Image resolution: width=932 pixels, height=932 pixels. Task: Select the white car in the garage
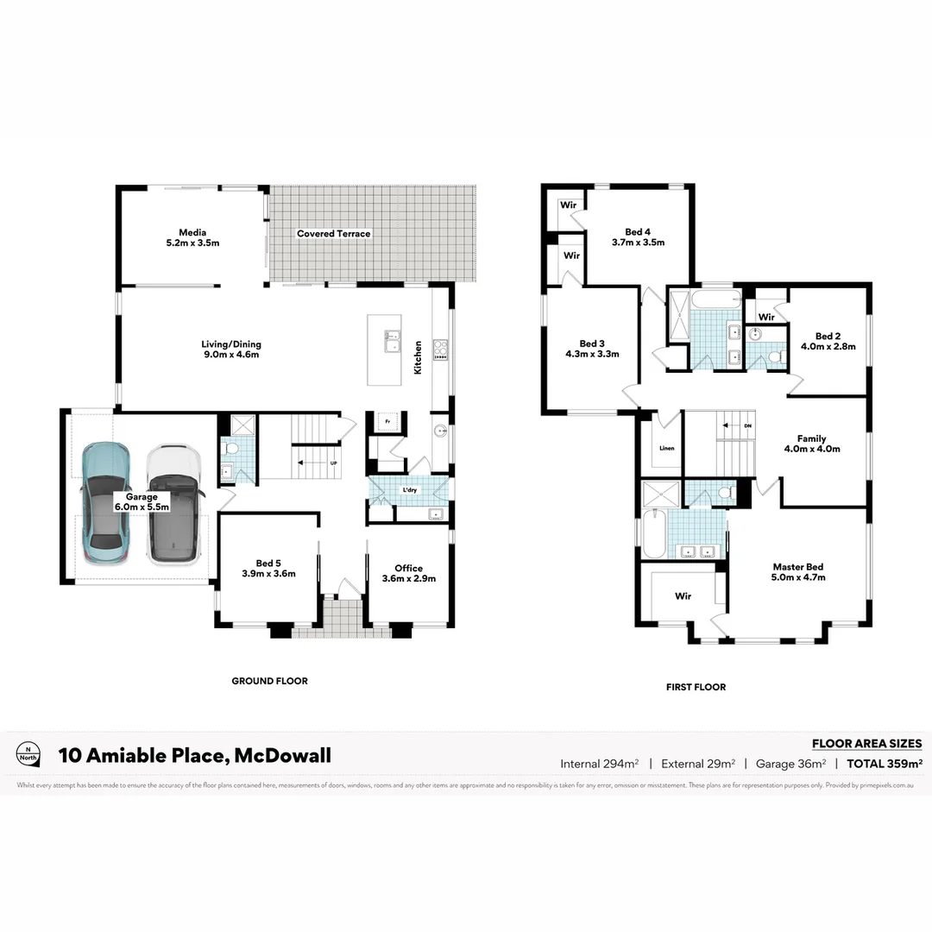click(x=173, y=505)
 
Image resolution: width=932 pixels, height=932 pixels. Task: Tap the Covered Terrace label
click(x=333, y=234)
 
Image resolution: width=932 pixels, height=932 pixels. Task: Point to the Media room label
click(x=192, y=237)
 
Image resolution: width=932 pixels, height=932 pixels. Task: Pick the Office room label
click(x=408, y=573)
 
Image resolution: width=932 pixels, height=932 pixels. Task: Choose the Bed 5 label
click(x=269, y=567)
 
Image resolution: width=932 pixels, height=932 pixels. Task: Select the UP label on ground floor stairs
click(x=333, y=463)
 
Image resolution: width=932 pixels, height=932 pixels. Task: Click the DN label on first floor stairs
click(x=747, y=426)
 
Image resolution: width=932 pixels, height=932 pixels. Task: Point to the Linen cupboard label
click(x=666, y=449)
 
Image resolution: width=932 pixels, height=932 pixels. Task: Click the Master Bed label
click(x=798, y=572)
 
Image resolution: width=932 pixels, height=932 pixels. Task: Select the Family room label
click(x=811, y=444)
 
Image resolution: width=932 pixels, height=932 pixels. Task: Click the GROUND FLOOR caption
click(x=269, y=681)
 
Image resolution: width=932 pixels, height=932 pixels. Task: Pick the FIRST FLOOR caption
click(x=696, y=687)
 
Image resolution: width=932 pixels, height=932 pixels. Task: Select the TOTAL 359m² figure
click(x=885, y=764)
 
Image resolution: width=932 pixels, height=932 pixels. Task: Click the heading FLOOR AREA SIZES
click(x=866, y=744)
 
